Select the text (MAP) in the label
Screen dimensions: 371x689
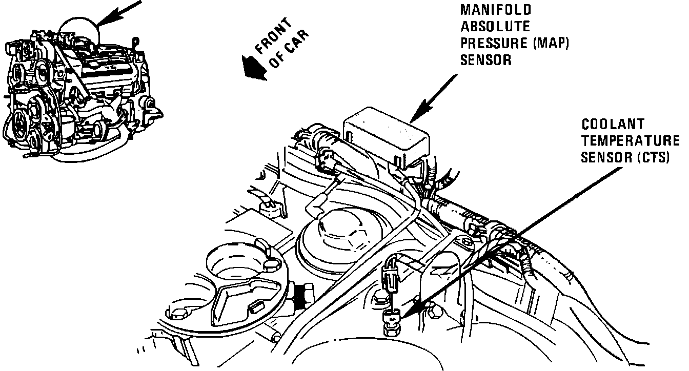click(552, 44)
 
